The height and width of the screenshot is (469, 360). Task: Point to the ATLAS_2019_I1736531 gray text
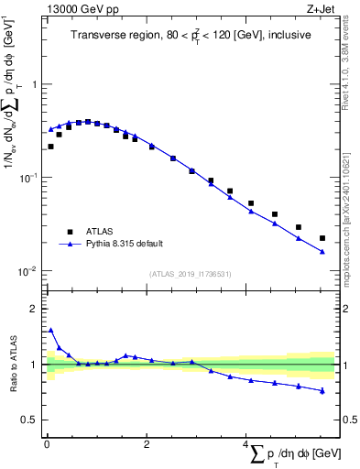pyautogui.click(x=190, y=274)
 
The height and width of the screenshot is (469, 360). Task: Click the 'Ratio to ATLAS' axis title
pyautogui.click(x=16, y=364)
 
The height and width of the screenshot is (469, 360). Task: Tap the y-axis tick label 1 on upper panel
pyautogui.click(x=35, y=84)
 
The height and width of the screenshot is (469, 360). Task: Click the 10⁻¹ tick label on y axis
pyautogui.click(x=29, y=178)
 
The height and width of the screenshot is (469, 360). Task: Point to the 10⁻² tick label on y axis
pyautogui.click(x=29, y=271)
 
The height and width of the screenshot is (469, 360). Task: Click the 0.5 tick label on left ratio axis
pyautogui.click(x=30, y=420)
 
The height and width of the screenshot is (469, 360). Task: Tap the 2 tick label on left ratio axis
pyautogui.click(x=35, y=309)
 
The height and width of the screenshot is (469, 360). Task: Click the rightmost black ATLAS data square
pyautogui.click(x=322, y=238)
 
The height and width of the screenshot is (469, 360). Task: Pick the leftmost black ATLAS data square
pyautogui.click(x=50, y=147)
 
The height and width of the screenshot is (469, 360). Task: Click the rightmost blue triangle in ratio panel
pyautogui.click(x=322, y=391)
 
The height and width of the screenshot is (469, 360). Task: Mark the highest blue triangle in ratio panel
pyautogui.click(x=50, y=330)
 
